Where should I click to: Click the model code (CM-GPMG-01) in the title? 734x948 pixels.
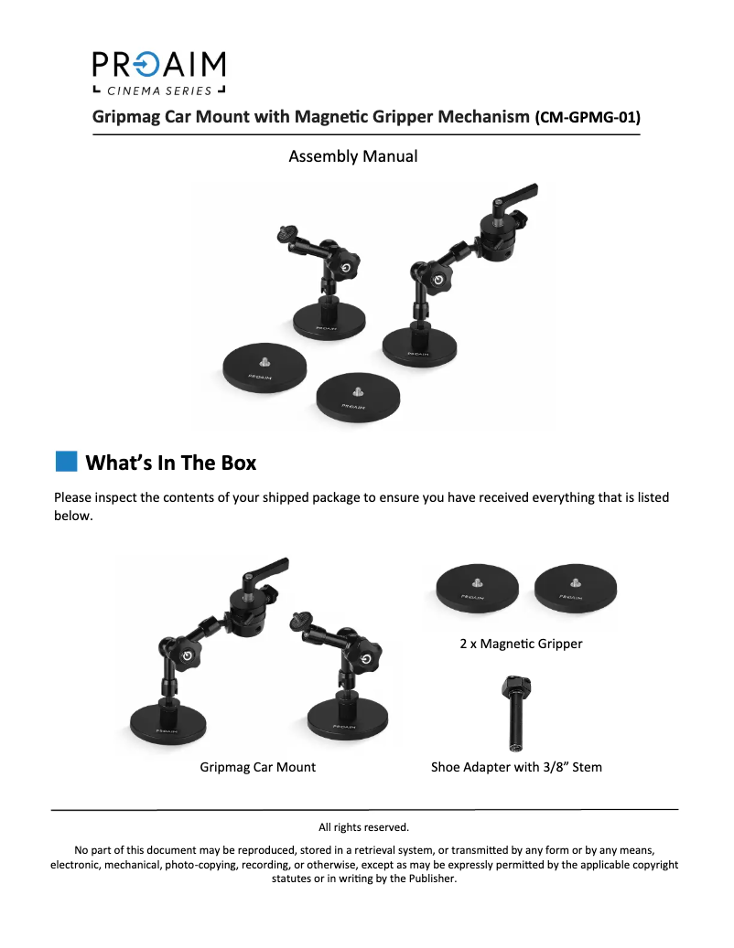[x=588, y=117]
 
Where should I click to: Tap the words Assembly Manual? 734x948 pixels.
[x=352, y=156]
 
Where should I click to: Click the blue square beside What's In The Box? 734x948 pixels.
[x=67, y=462]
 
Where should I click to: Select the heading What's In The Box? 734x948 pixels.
[x=170, y=463]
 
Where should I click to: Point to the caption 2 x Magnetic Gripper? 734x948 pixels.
[x=521, y=644]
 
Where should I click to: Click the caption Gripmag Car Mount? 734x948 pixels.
[x=258, y=767]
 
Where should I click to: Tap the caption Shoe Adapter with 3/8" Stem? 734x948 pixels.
[x=516, y=767]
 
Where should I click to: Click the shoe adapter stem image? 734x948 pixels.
[x=515, y=713]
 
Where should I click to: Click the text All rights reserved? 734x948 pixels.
[x=363, y=827]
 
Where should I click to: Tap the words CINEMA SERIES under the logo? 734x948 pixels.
[x=159, y=91]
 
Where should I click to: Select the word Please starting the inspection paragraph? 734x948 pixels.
[x=72, y=497]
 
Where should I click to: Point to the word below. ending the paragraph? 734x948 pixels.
[x=73, y=516]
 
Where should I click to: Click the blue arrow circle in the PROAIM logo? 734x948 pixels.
[x=146, y=65]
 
